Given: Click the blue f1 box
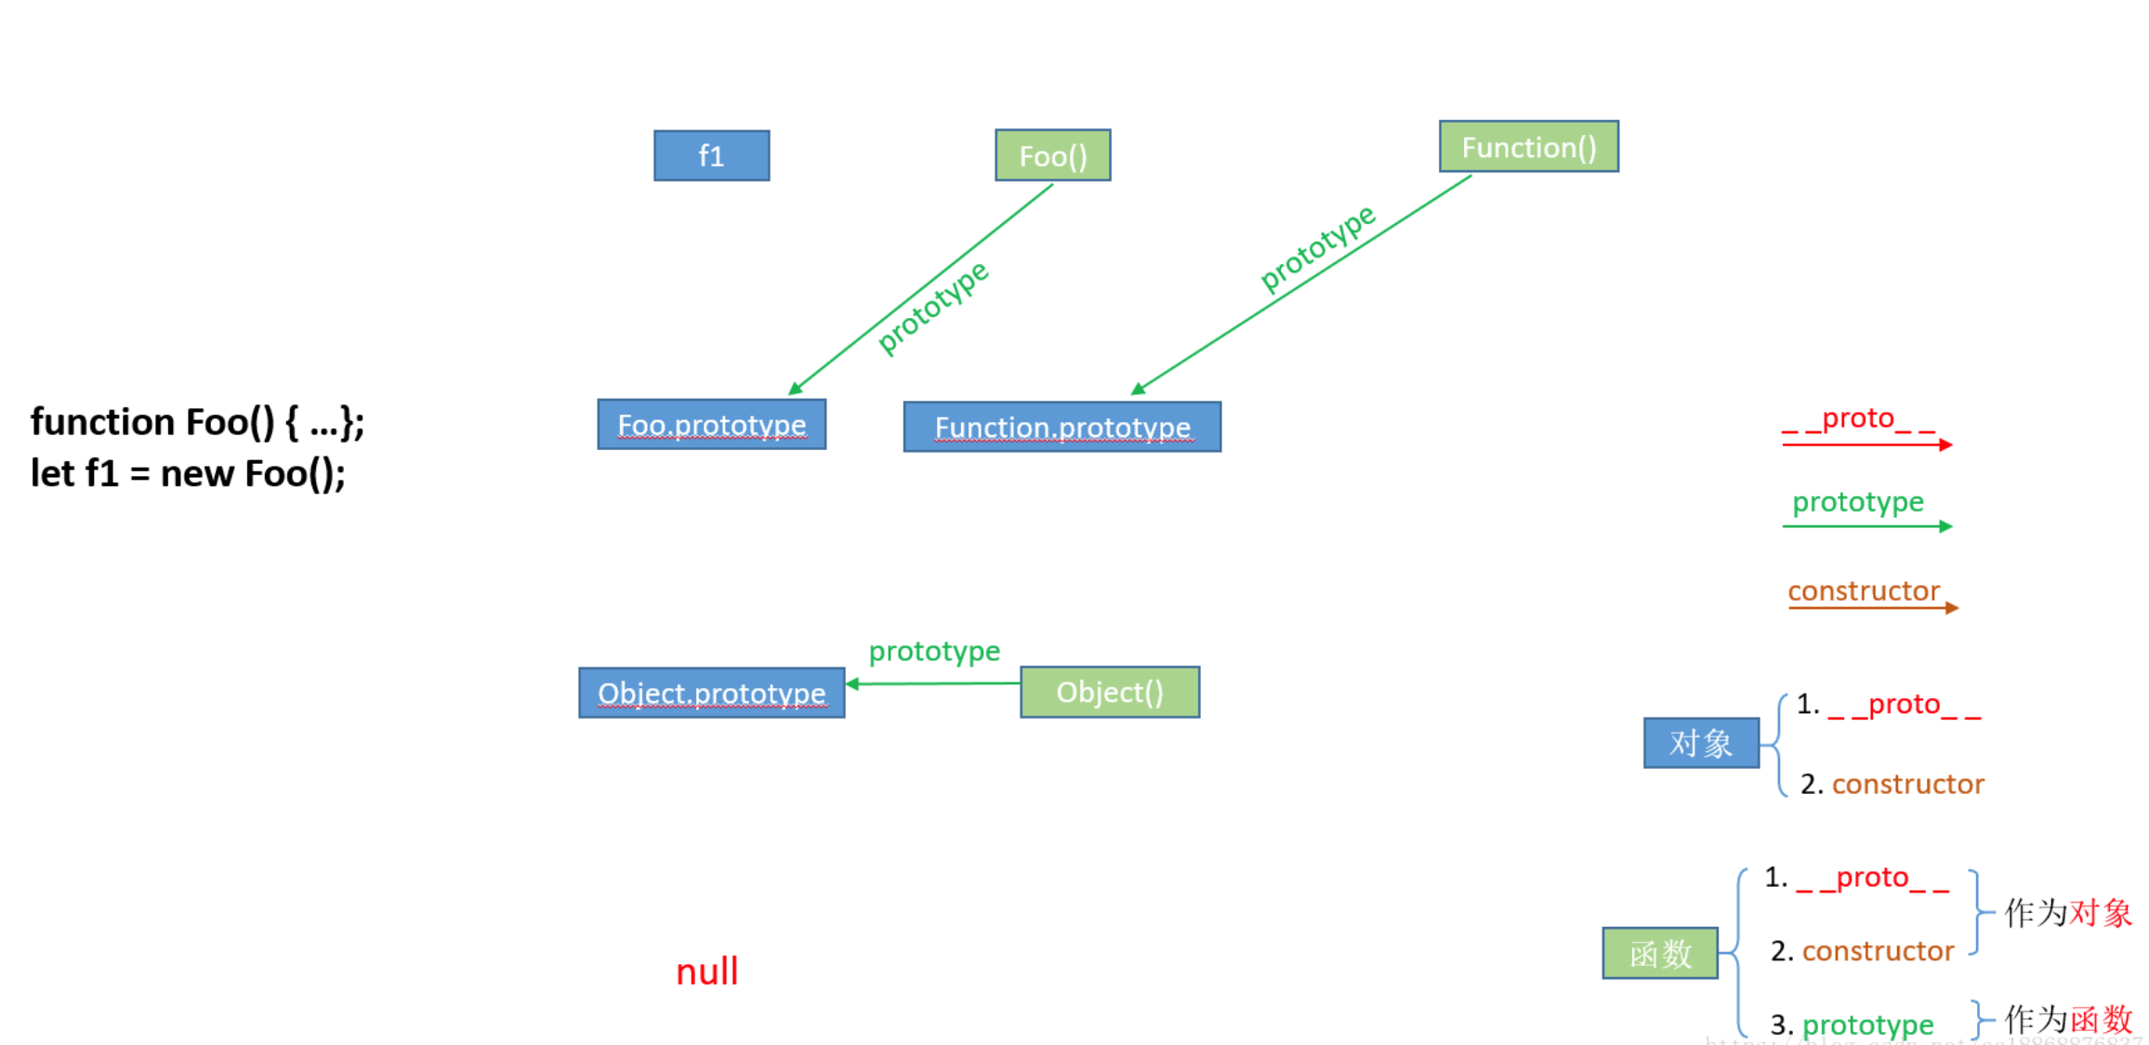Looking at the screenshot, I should point(711,155).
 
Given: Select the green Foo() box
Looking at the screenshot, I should point(1052,155).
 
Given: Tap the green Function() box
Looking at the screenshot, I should point(1528,147).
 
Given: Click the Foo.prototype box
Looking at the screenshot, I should point(711,425).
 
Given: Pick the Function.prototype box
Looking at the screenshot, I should point(1061,427).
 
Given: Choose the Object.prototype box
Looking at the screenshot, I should point(711,693).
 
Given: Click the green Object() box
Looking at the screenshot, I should point(1109,692).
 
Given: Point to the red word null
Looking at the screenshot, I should point(706,972).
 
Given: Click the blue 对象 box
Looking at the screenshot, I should point(1700,743).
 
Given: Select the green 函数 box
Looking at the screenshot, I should point(1659,953).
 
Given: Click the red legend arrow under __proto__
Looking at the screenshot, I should point(1866,444).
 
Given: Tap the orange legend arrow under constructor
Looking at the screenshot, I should point(1872,608).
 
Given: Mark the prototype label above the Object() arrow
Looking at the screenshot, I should point(934,651).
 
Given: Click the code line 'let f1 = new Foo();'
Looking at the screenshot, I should point(188,473).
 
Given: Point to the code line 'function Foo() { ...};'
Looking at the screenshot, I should point(197,422).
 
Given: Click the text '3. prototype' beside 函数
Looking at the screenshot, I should point(1852,1025).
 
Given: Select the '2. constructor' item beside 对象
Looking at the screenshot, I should point(1892,784).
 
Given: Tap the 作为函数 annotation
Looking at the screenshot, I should point(2068,1019).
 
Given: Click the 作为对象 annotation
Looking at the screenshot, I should point(2068,913).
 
